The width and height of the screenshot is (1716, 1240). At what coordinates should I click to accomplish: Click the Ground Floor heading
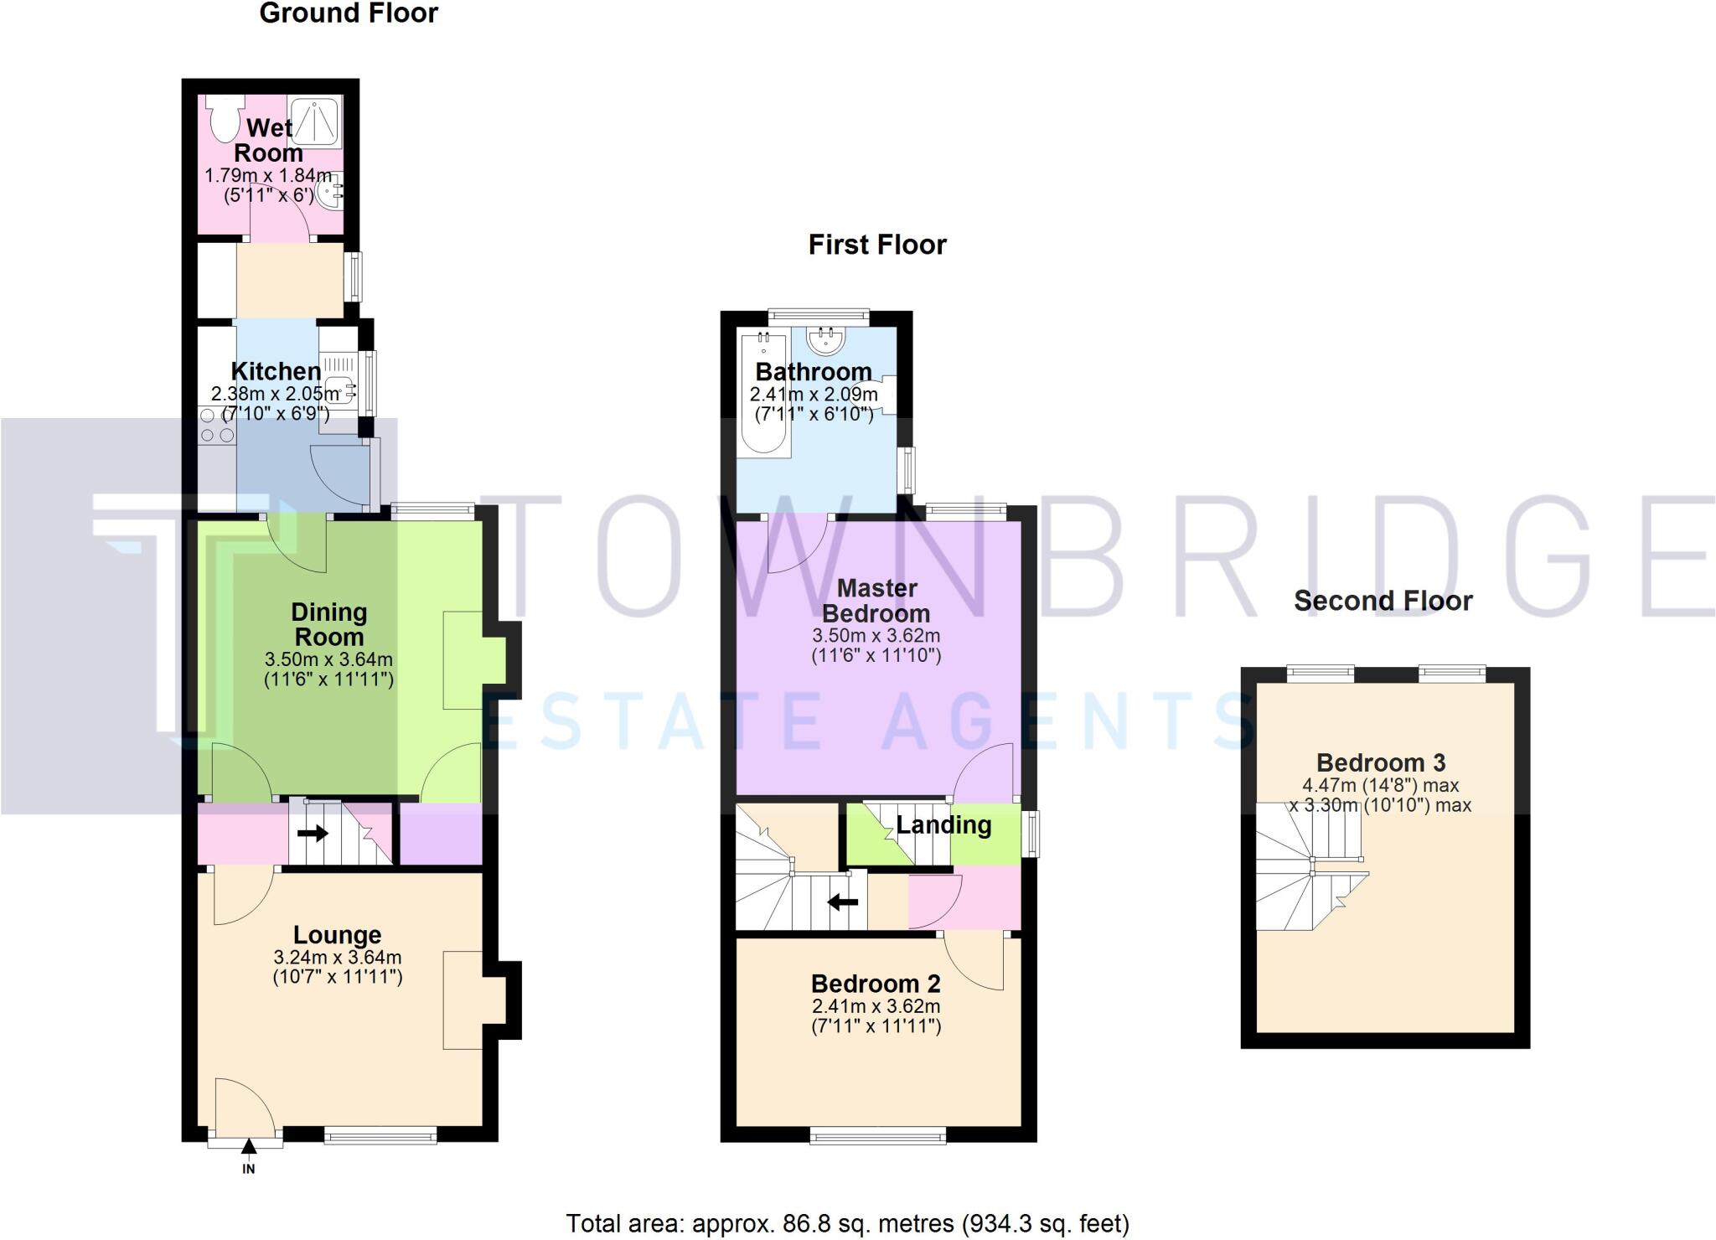click(x=349, y=13)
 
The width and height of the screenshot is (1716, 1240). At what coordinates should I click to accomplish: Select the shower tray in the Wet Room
click(x=315, y=122)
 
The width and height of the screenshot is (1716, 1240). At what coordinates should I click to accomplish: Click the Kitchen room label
click(x=276, y=371)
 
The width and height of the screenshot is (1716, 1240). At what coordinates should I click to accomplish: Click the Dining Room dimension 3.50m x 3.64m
click(x=328, y=659)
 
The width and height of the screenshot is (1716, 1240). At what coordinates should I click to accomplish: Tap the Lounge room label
click(x=337, y=935)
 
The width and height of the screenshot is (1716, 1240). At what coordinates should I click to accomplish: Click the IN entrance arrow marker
click(x=249, y=1148)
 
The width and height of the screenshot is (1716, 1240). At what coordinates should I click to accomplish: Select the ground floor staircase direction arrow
click(x=313, y=834)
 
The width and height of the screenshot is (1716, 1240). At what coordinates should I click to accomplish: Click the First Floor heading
click(x=876, y=245)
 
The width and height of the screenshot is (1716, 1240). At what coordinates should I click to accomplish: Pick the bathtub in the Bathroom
click(x=765, y=392)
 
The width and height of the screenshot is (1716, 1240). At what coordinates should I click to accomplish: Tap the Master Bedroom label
click(x=876, y=600)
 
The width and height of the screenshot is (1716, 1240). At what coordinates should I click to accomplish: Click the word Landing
click(x=943, y=825)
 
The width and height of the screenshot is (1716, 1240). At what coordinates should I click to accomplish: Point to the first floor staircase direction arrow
click(x=843, y=902)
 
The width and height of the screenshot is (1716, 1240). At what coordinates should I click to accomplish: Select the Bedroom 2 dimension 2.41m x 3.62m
click(x=876, y=1006)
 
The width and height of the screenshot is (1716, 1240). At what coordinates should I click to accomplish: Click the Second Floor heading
click(x=1383, y=601)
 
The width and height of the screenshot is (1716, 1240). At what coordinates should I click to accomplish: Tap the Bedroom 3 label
click(x=1380, y=762)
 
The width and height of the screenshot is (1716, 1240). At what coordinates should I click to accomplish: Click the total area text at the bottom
click(x=847, y=1224)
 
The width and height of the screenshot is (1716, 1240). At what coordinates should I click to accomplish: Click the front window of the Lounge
click(x=380, y=1136)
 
